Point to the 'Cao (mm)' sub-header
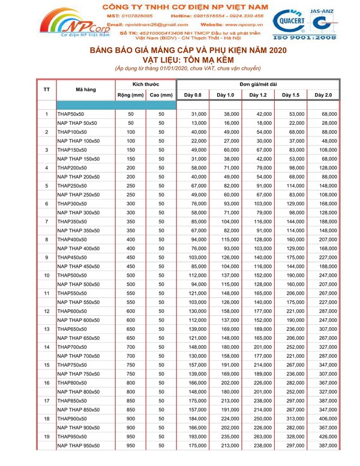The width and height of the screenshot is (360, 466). [x=161, y=95]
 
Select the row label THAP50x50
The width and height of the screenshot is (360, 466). [x=71, y=113]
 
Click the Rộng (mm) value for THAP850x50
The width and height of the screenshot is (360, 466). [x=131, y=401]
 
